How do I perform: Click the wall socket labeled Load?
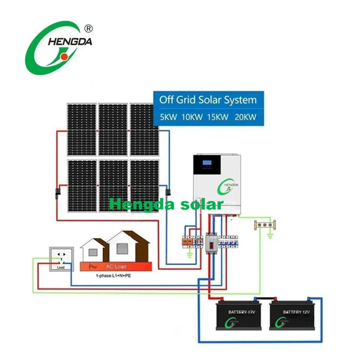pyautogui.click(x=61, y=258)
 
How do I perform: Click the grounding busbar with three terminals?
pyautogui.click(x=264, y=227)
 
